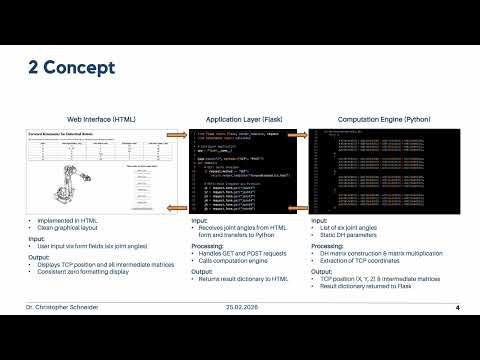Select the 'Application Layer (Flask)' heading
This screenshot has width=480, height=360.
click(x=239, y=118)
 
